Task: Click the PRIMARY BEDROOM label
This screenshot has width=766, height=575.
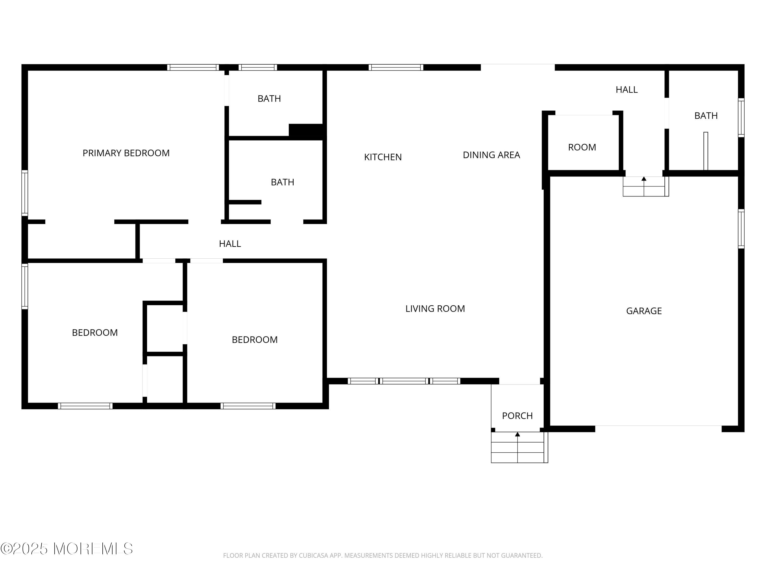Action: pos(126,153)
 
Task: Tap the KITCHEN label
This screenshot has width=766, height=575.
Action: pos(383,157)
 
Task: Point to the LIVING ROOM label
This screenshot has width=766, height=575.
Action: pos(435,308)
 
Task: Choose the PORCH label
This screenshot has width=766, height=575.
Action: pos(517,416)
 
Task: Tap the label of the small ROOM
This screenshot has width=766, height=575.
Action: pos(582,147)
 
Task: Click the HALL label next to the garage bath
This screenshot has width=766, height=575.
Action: pos(626,90)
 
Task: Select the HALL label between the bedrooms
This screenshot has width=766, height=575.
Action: pos(230,244)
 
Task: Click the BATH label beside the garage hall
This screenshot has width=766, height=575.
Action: pos(706,116)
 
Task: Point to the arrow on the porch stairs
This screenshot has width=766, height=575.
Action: pos(517,434)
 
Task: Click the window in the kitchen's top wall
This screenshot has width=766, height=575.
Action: pos(396,67)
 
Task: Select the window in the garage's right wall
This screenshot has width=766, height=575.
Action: pos(741,229)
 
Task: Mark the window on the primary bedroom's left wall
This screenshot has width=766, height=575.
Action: pos(25,193)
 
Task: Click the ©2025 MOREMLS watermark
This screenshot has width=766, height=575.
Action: pos(67,549)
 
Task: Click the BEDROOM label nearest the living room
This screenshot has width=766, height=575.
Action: pos(255,340)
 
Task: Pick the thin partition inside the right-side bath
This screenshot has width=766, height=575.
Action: pos(705,151)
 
